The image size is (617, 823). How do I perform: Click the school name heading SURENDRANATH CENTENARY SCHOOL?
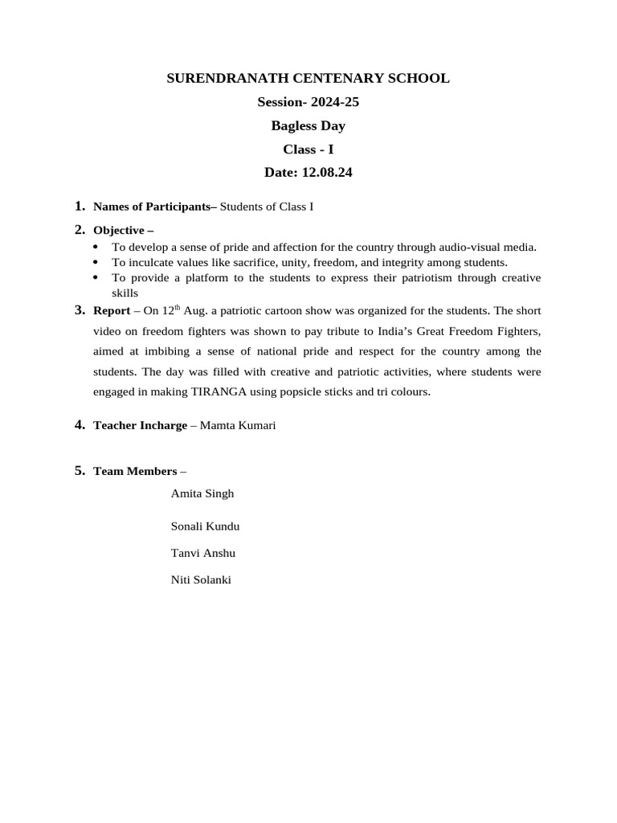click(308, 79)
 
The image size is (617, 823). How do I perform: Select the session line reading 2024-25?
click(308, 102)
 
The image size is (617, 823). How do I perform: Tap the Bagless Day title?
click(308, 126)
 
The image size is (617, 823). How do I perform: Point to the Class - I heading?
click(308, 149)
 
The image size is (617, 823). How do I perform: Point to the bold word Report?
click(112, 311)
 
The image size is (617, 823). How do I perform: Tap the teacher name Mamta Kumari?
click(238, 426)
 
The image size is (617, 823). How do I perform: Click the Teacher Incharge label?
click(140, 426)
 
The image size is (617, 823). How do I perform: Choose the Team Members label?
click(135, 472)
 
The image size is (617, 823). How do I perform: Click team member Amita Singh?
click(202, 493)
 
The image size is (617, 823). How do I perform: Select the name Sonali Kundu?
click(205, 526)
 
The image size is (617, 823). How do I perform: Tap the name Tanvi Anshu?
click(203, 554)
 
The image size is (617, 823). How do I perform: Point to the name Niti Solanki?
click(201, 579)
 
